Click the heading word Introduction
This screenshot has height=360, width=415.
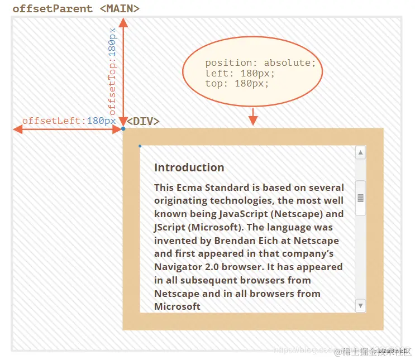point(189,167)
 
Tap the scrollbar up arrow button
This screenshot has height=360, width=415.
point(361,153)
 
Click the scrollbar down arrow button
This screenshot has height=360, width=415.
point(361,305)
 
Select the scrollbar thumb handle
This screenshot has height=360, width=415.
point(361,198)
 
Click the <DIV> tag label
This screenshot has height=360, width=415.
point(143,121)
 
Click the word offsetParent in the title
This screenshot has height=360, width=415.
point(53,8)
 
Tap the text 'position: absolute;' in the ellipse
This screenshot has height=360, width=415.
point(260,63)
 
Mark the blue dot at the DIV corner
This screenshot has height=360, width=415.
point(123,129)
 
